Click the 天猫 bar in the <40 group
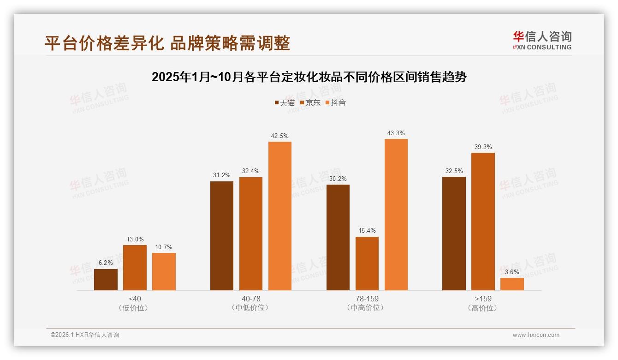(x=106, y=280)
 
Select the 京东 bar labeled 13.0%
(x=135, y=268)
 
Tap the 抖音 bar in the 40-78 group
(x=280, y=216)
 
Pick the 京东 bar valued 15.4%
(x=367, y=264)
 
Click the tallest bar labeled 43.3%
(x=396, y=215)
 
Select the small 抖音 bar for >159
(x=512, y=284)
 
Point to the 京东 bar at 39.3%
(x=483, y=222)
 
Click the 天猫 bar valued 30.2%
(x=338, y=237)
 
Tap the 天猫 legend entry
(x=285, y=102)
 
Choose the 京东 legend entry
(x=310, y=102)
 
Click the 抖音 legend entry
(x=336, y=102)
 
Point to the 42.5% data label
(x=280, y=136)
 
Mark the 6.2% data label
(x=106, y=263)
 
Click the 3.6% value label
(x=512, y=272)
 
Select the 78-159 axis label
(x=367, y=299)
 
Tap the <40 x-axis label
(x=135, y=299)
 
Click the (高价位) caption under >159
(x=483, y=308)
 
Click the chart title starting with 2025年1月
(x=309, y=77)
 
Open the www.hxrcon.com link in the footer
(x=536, y=335)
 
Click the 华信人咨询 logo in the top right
(x=542, y=40)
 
